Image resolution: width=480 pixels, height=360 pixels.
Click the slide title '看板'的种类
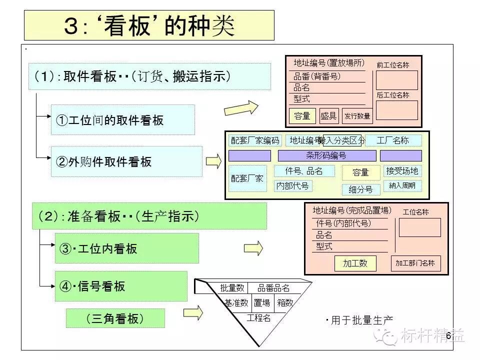coord(149,25)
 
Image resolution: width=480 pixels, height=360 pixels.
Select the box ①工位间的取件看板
coord(122,120)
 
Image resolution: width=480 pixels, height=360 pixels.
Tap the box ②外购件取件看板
coord(126,161)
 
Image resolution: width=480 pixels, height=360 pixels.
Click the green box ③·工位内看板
coord(126,248)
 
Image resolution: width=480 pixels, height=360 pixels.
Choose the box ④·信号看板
coord(120,286)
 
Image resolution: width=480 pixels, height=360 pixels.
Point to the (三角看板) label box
coord(115,318)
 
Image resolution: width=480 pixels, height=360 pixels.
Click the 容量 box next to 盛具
coord(302,116)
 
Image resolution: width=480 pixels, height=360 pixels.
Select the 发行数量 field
coord(356,116)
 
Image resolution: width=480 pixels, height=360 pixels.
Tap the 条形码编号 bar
coord(326,155)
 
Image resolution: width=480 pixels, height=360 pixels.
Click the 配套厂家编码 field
coord(254,140)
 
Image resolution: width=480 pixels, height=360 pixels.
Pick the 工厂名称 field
coord(393,140)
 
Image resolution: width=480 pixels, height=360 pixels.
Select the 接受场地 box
coord(402,171)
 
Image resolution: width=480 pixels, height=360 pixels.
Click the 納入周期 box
coord(402,186)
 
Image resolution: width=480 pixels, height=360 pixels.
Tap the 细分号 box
coord(360,189)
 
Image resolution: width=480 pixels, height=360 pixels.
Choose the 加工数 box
coord(355,263)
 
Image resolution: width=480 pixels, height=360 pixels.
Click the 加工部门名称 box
coord(415,263)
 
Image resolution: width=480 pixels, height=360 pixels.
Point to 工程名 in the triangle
coord(259,318)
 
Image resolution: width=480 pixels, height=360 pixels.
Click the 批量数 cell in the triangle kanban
coord(232,288)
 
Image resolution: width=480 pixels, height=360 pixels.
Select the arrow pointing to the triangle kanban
coord(193,313)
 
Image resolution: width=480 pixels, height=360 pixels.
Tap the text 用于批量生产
coord(361,320)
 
